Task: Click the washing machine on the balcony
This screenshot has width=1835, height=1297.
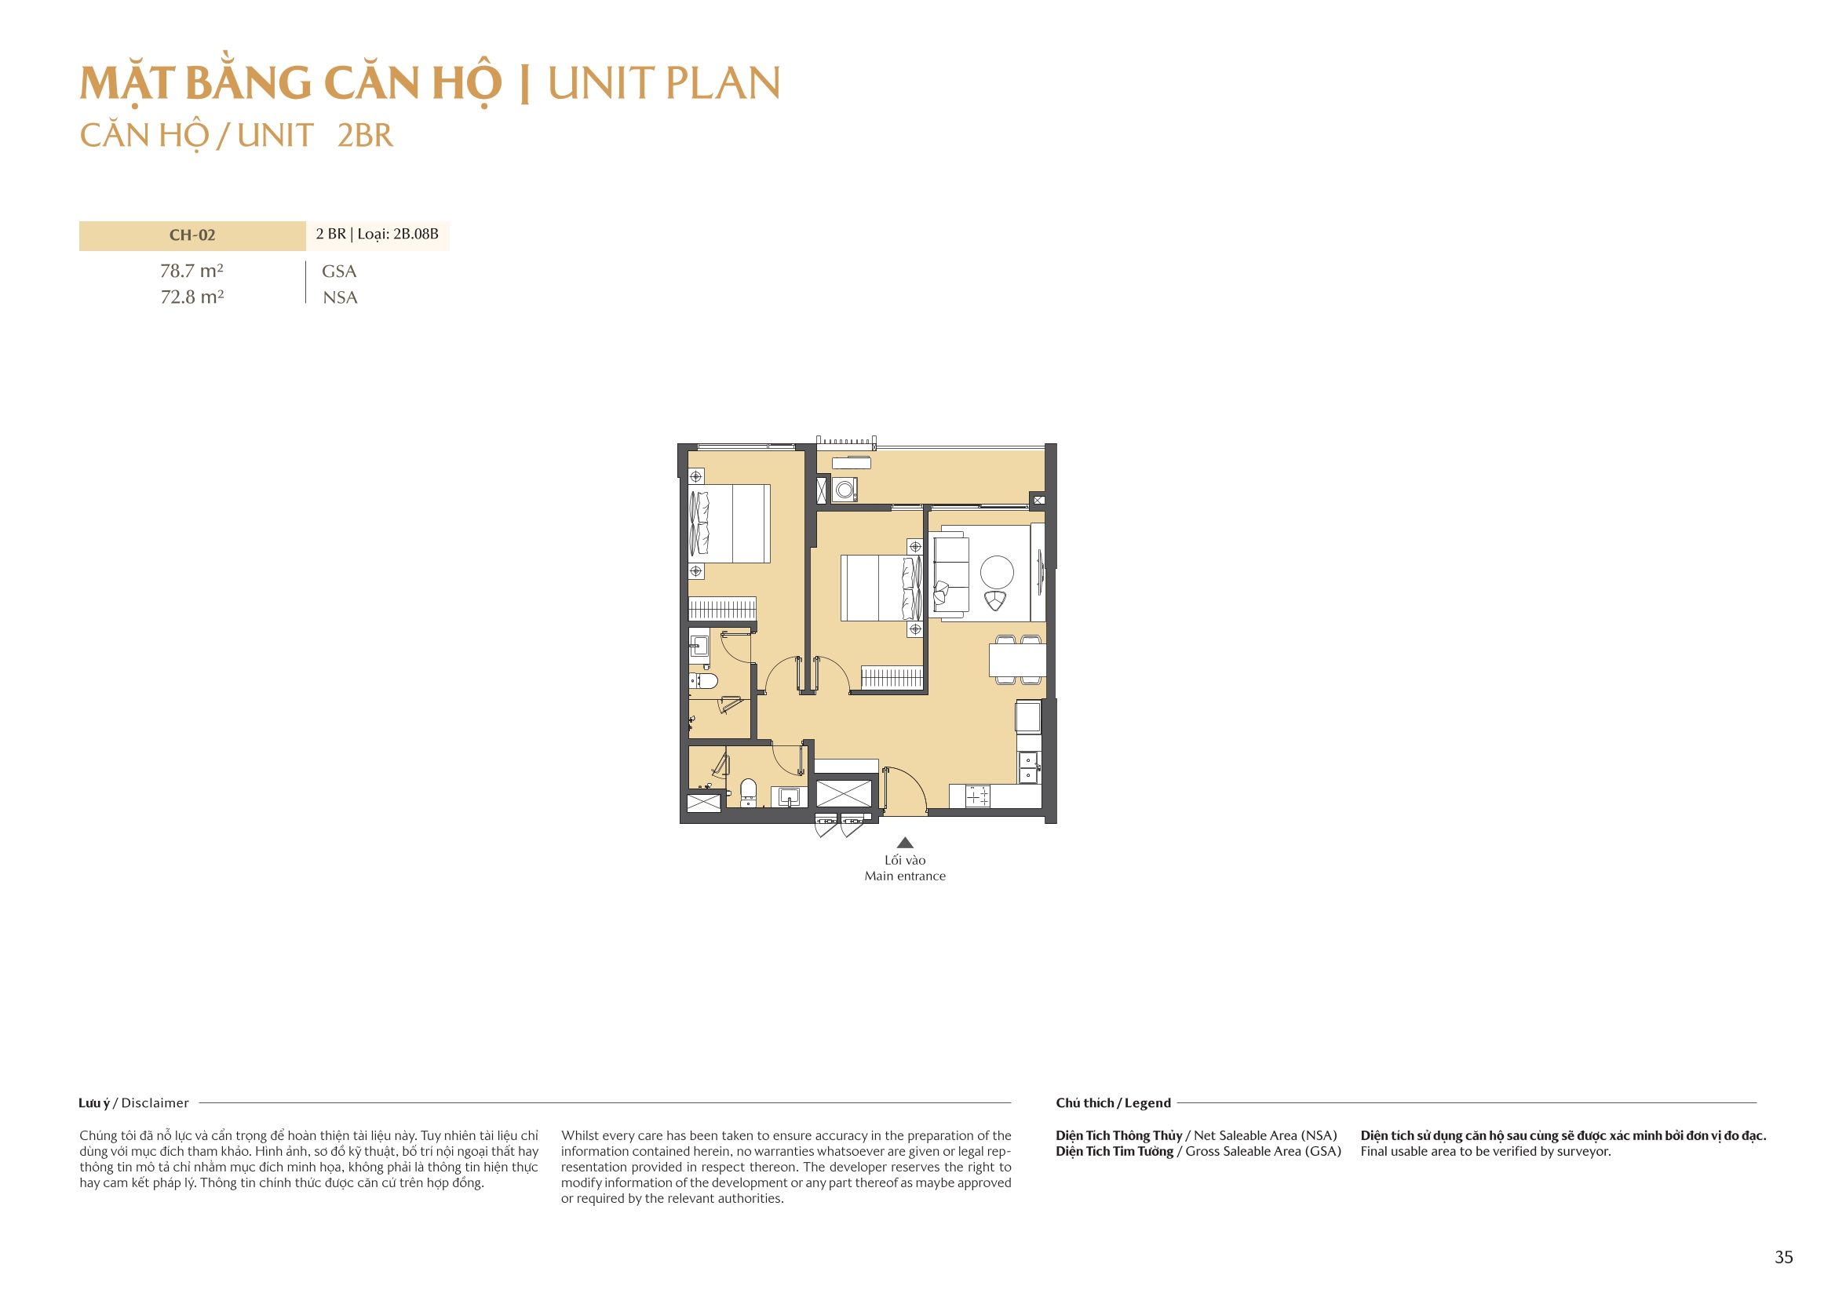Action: coord(844,489)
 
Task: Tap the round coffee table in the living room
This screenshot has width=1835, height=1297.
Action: coord(997,572)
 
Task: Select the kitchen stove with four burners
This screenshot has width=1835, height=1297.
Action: coord(977,796)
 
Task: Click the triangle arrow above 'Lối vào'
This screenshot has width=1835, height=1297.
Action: coord(905,842)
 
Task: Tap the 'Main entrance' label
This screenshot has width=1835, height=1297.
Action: coord(905,876)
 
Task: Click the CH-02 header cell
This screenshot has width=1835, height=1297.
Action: coord(192,235)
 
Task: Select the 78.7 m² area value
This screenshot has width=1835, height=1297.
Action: coord(192,271)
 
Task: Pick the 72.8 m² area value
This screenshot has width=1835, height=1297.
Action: coord(192,297)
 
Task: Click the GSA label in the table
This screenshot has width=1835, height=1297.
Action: coord(339,271)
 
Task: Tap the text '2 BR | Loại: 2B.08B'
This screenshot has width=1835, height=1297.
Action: coord(377,234)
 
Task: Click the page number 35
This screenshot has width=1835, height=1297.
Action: coord(1783,1257)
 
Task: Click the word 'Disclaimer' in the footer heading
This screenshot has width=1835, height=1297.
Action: coord(155,1103)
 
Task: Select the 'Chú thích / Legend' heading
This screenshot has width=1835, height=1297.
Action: coord(1112,1103)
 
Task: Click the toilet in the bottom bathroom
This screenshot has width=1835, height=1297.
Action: coord(748,790)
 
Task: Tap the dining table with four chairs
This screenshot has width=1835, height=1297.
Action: coord(1017,660)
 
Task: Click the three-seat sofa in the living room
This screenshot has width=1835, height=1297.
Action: coord(951,574)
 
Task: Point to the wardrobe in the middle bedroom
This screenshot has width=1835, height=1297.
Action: coord(892,677)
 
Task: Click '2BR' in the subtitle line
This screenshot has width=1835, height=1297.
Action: coord(365,136)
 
